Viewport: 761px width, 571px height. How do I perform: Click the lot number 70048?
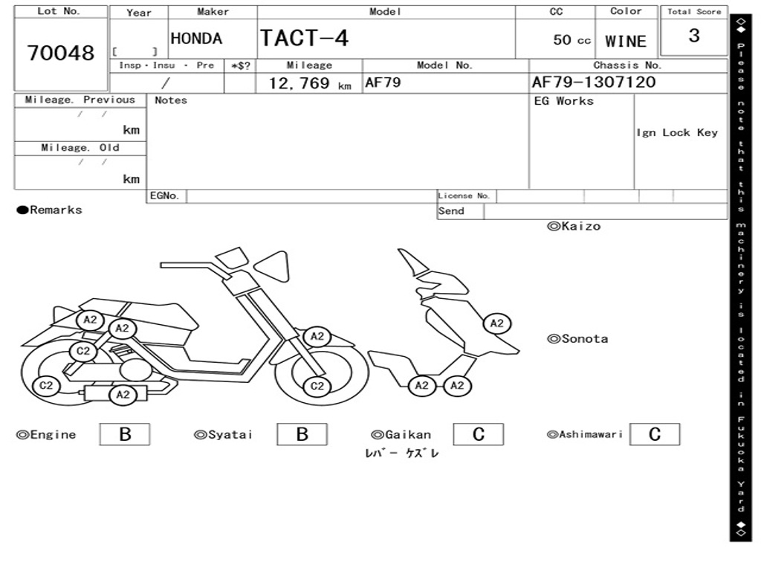coord(61,54)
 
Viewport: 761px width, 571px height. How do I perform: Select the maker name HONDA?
coord(196,39)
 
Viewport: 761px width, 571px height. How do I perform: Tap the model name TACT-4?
coord(304,38)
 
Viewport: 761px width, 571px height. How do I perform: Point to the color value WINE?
coord(626,42)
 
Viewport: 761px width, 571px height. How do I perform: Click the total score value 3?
coord(693,36)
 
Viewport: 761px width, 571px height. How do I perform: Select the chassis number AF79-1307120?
coord(594,83)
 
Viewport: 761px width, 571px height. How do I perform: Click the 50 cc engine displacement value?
coord(571,40)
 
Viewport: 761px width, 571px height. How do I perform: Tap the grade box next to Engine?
coord(124,434)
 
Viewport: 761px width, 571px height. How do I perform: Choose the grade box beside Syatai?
coord(302,434)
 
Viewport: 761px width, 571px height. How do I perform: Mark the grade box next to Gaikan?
coord(478,434)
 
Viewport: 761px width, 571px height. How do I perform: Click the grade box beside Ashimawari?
coord(654,434)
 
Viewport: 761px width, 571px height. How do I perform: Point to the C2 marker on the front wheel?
coord(317,386)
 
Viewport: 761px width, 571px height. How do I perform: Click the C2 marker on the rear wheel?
coord(46,385)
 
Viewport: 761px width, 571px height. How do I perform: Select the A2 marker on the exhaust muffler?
coord(123,395)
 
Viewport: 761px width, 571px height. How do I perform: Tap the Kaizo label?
coord(574,226)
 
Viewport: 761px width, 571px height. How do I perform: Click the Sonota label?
coord(577,339)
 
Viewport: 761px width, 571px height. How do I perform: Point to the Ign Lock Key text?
coord(677,132)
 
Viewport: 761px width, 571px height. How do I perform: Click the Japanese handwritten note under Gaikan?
coord(402,454)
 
